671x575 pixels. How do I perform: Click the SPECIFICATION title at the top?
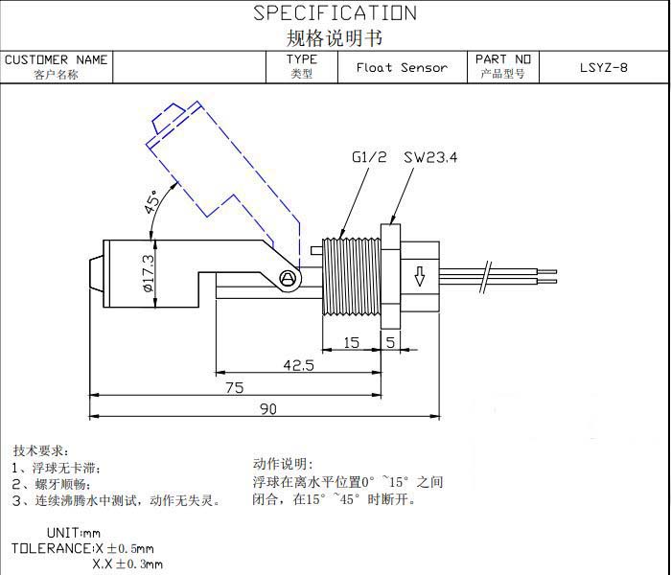click(x=335, y=13)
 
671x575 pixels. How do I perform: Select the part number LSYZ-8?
click(x=604, y=67)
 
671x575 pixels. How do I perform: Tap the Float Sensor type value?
click(x=402, y=67)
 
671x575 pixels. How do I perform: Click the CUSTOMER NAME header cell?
click(x=57, y=59)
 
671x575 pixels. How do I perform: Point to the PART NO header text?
click(x=503, y=59)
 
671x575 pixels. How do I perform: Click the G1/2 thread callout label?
click(x=368, y=158)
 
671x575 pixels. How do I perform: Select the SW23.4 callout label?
click(x=430, y=158)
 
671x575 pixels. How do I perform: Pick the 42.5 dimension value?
click(x=298, y=365)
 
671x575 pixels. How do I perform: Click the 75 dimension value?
click(x=234, y=387)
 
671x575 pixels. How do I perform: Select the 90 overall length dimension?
click(x=268, y=409)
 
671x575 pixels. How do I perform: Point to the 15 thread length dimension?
click(x=351, y=342)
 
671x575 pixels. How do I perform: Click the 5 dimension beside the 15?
click(x=390, y=342)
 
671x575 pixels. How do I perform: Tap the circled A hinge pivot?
click(x=286, y=278)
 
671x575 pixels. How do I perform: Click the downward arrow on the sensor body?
click(x=419, y=279)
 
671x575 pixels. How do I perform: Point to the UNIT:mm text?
click(x=73, y=533)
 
